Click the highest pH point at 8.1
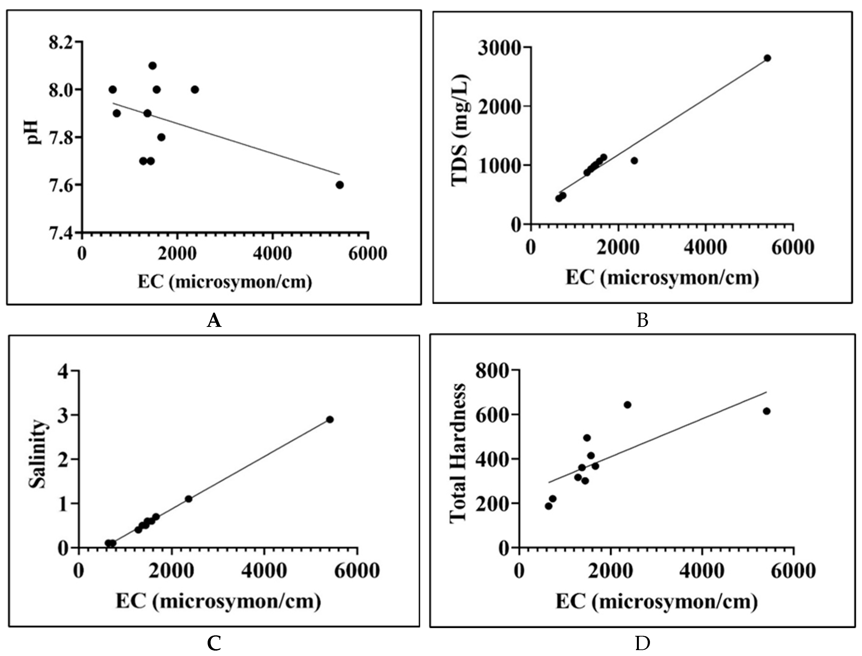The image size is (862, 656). pyautogui.click(x=153, y=66)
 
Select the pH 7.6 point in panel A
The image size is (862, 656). pyautogui.click(x=339, y=185)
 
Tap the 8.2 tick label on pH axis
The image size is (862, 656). pyautogui.click(x=60, y=42)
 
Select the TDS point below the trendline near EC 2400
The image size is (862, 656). pyautogui.click(x=634, y=160)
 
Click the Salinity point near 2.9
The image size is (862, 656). pyautogui.click(x=330, y=419)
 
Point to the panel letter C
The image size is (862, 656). pyautogui.click(x=214, y=643)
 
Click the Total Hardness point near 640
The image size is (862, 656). pyautogui.click(x=627, y=405)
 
